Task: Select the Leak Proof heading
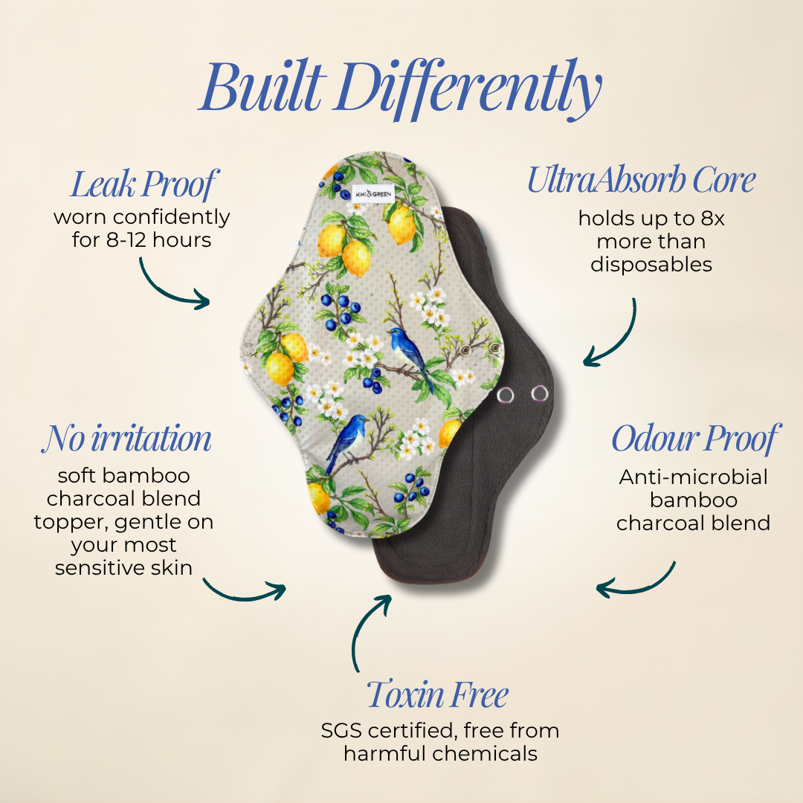tap(144, 184)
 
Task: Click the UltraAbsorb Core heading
tap(642, 180)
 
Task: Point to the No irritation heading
tap(126, 438)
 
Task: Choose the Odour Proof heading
tap(696, 439)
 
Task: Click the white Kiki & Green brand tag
tap(373, 193)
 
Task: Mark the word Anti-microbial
tap(694, 477)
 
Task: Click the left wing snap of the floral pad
tap(249, 349)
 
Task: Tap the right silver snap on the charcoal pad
tap(539, 393)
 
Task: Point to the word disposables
tap(651, 265)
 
